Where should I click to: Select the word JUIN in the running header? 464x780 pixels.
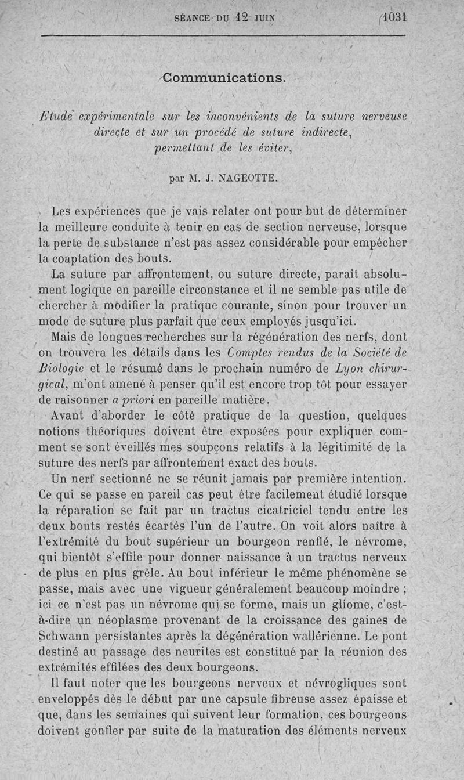(x=264, y=18)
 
